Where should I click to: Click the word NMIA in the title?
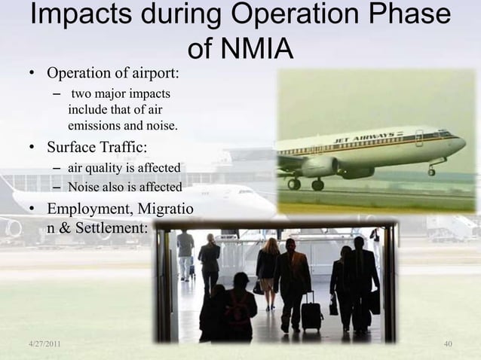[253, 50]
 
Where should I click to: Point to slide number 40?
[448, 344]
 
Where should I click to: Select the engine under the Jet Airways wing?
[320, 166]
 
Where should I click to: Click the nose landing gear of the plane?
[430, 172]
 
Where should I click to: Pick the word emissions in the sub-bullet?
[93, 124]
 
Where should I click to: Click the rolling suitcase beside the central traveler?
[311, 311]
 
